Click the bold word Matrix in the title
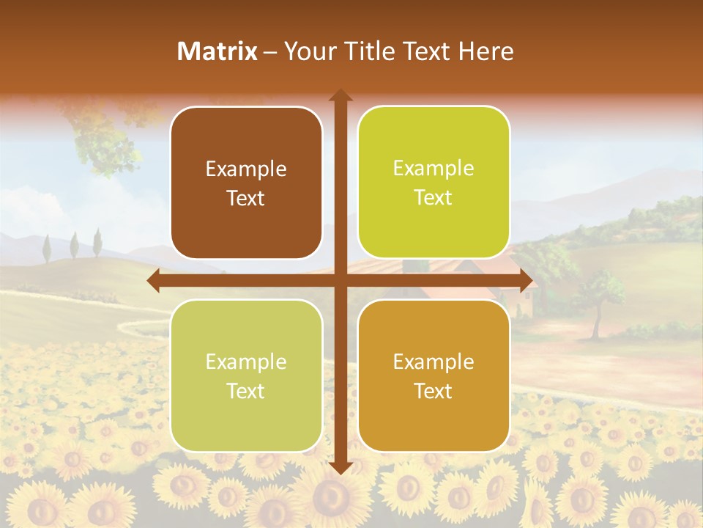217,51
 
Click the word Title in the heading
365,51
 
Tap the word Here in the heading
486,51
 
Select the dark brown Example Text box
246,183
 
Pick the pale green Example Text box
246,375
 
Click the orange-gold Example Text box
434,375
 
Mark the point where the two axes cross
340,280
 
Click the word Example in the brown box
246,169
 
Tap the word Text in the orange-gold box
434,391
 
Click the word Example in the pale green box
246,362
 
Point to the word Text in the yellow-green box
434,197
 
